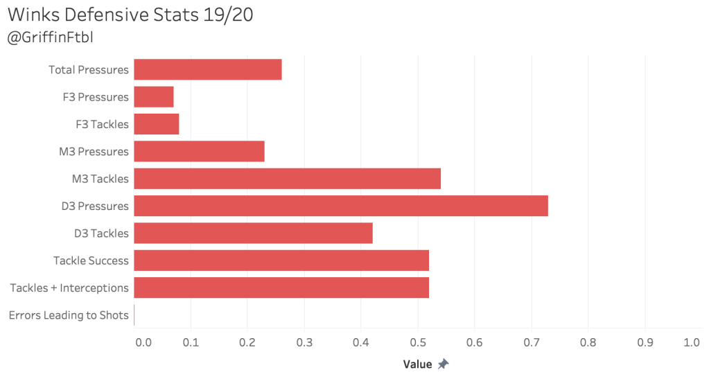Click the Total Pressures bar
(x=207, y=69)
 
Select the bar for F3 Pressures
(x=153, y=96)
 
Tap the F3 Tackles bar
(x=156, y=124)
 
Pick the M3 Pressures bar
(x=199, y=151)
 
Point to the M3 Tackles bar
(x=287, y=179)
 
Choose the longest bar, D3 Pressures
(x=340, y=206)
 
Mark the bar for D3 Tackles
(x=253, y=233)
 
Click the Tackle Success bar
(x=281, y=261)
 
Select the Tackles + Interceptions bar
(x=281, y=288)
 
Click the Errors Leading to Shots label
(x=69, y=315)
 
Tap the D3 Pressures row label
(x=95, y=206)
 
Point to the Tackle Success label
(x=91, y=261)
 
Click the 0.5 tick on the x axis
(x=417, y=342)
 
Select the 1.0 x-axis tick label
(x=691, y=342)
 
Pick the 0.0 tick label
(x=143, y=342)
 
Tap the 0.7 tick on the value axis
(x=531, y=342)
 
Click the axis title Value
(x=417, y=364)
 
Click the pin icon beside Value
(x=443, y=364)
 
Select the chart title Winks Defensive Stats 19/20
(x=130, y=15)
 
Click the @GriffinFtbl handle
(x=50, y=37)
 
